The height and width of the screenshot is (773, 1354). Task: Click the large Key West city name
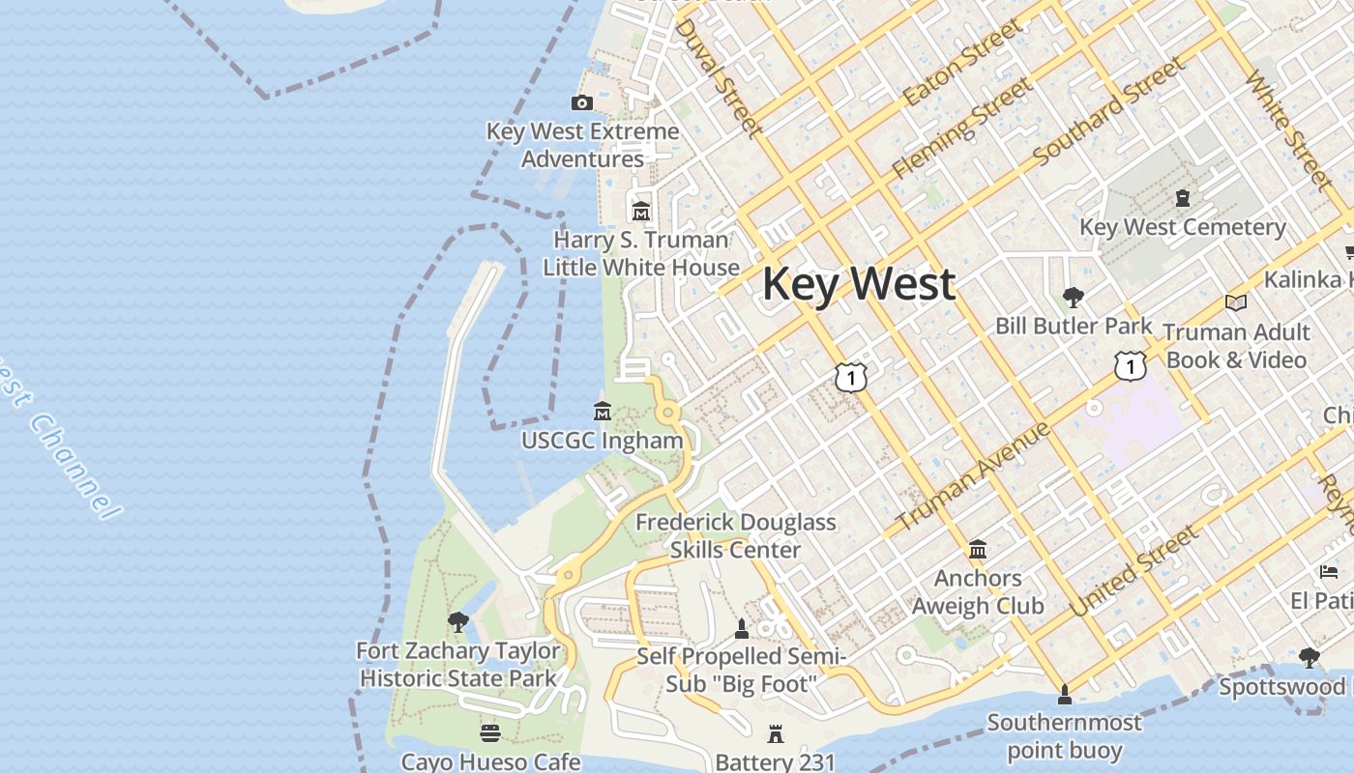859,284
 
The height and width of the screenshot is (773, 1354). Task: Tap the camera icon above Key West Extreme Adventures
582,102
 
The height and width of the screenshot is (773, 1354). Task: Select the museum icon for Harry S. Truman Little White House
640,211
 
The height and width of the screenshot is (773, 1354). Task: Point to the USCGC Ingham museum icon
603,412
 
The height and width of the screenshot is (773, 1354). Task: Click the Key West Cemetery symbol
1182,198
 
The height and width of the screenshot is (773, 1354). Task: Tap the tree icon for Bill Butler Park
1073,297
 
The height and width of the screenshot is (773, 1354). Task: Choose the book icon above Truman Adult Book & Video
1235,303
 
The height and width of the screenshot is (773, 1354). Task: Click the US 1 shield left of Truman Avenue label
850,377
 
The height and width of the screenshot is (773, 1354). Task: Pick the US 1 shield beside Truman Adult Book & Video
1129,366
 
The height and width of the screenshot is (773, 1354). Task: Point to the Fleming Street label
962,129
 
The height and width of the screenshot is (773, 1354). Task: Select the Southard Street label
1108,110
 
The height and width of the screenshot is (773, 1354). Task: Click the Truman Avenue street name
973,476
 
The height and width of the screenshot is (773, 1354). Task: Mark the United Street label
1134,572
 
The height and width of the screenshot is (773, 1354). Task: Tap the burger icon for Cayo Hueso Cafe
490,732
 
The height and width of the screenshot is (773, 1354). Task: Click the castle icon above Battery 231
775,734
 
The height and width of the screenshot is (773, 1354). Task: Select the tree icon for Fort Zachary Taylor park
458,621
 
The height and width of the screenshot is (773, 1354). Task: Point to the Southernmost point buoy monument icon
1064,694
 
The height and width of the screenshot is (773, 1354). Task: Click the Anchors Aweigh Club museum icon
978,550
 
